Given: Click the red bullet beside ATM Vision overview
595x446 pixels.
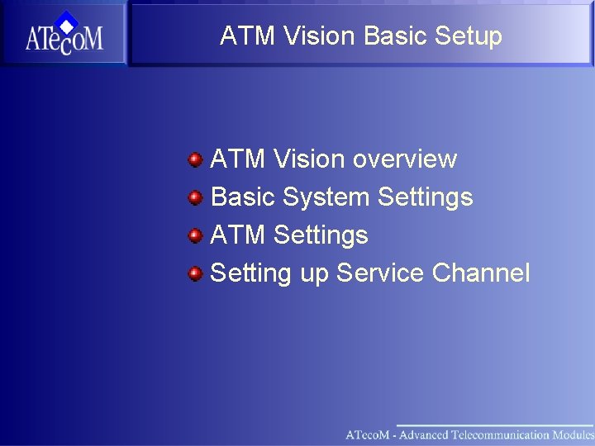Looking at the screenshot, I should [x=194, y=159].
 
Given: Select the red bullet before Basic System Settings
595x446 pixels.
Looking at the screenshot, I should [x=194, y=197].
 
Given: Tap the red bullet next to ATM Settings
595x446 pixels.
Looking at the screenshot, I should [x=194, y=235].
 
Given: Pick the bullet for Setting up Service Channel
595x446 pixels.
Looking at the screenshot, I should [x=194, y=273].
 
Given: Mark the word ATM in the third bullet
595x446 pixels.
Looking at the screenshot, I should [x=238, y=235].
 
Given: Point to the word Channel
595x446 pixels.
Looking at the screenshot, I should [x=481, y=273].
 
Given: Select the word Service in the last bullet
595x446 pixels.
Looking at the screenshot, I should [x=380, y=273].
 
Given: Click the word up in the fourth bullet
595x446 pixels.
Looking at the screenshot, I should [x=314, y=273].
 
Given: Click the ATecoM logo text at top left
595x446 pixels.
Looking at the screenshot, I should [x=64, y=39].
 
